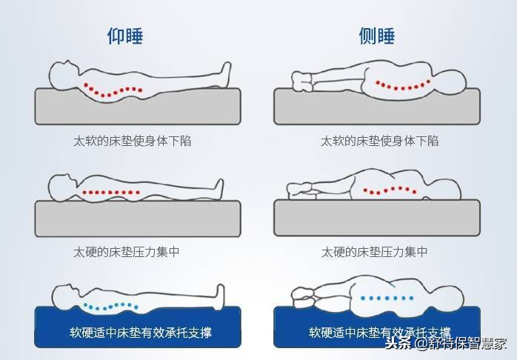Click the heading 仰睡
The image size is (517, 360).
pyautogui.click(x=125, y=36)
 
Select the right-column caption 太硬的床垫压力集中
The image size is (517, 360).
pyautogui.click(x=374, y=252)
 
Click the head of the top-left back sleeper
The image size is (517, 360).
pyautogui.click(x=64, y=73)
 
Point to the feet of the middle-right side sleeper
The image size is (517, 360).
pyautogui.click(x=299, y=190)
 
